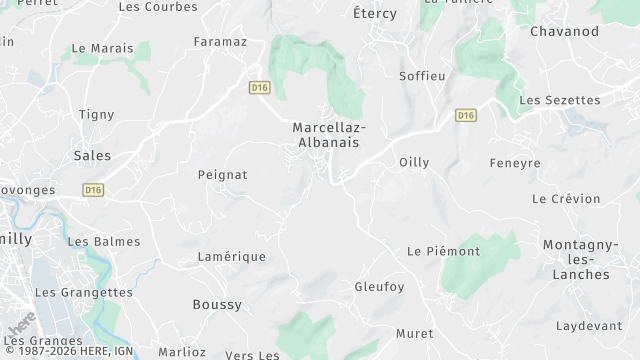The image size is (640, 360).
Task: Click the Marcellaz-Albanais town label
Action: click(329, 135)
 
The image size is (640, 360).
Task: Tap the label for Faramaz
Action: click(219, 42)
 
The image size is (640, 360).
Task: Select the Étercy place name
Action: click(375, 14)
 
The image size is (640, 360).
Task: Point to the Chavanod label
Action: click(564, 32)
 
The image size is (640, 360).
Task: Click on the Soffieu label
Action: click(421, 76)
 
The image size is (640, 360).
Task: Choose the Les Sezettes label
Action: click(560, 100)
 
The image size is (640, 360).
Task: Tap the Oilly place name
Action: click(414, 162)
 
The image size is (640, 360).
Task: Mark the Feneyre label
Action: click(514, 162)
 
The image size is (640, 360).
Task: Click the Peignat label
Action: click(222, 174)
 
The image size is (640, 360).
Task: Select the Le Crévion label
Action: click(566, 199)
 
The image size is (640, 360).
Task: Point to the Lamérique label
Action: click(231, 257)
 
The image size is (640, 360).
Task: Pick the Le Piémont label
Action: click(443, 251)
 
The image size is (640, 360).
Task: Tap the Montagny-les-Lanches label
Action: click(576, 259)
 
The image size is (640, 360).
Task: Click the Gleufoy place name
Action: click(380, 287)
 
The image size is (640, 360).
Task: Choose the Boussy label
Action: click(217, 304)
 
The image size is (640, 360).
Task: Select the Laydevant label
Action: click(589, 326)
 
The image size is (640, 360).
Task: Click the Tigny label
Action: click(97, 114)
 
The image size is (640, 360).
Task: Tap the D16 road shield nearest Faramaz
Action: click(260, 88)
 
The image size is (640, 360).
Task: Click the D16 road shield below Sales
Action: click(93, 189)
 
